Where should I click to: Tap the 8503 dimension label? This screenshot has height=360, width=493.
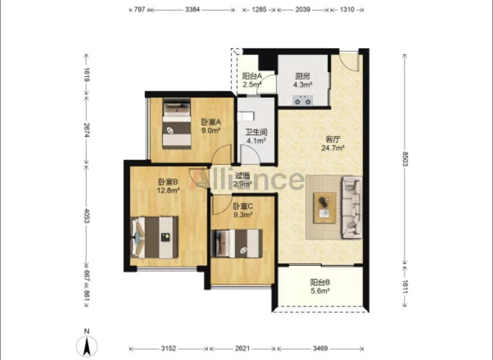pyautogui.click(x=405, y=159)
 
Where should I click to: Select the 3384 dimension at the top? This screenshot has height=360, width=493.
pyautogui.click(x=192, y=9)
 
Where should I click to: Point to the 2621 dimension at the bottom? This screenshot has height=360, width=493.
pyautogui.click(x=242, y=348)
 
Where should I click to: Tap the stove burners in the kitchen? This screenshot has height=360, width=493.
pyautogui.click(x=303, y=101)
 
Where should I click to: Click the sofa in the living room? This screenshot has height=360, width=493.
pyautogui.click(x=351, y=207)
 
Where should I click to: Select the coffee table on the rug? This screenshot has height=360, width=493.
pyautogui.click(x=324, y=208)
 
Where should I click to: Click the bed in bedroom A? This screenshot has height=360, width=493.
pyautogui.click(x=177, y=123)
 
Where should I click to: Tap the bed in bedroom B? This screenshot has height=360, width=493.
pyautogui.click(x=154, y=237)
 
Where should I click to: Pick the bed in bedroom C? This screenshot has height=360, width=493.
pyautogui.click(x=237, y=243)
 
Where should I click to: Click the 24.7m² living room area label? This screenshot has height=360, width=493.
pyautogui.click(x=333, y=148)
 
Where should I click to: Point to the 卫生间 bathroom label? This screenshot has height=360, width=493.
pyautogui.click(x=256, y=132)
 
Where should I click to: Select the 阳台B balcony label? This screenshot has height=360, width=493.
pyautogui.click(x=320, y=282)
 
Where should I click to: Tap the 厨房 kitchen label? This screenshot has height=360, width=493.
pyautogui.click(x=303, y=76)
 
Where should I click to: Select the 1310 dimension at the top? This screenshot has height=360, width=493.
pyautogui.click(x=347, y=9)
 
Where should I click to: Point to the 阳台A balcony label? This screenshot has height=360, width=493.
pyautogui.click(x=252, y=76)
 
